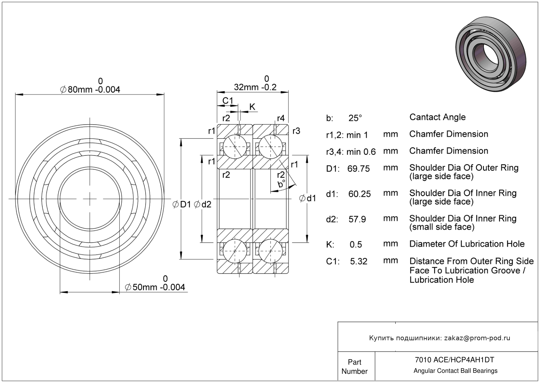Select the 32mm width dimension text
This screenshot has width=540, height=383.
tap(255, 87)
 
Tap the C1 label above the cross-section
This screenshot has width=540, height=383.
tap(227, 101)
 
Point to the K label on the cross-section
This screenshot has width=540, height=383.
tap(252, 107)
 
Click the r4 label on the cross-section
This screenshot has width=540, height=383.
tap(280, 118)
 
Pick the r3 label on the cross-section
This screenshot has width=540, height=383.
tap(296, 131)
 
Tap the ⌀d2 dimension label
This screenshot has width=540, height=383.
tap(203, 204)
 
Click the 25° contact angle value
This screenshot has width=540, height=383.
tap(355, 118)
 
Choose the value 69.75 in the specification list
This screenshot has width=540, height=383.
tap(358, 169)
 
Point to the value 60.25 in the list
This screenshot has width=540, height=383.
tap(359, 194)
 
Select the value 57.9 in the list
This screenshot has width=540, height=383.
tap(357, 219)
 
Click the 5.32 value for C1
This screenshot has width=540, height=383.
tap(358, 261)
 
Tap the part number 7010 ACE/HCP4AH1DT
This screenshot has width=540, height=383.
tap(454, 360)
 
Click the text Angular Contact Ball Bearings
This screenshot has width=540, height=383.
tap(455, 371)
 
